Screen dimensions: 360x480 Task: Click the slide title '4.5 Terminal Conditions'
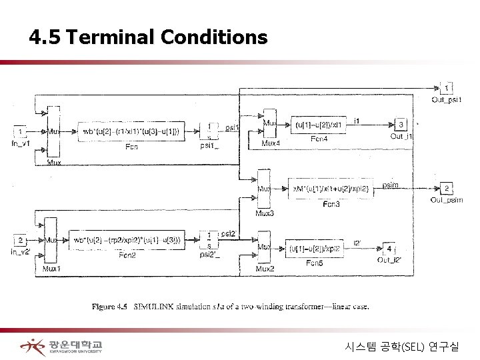(x=148, y=38)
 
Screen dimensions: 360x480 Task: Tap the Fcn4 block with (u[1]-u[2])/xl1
(x=319, y=124)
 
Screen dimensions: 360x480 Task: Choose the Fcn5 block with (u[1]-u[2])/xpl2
(x=319, y=248)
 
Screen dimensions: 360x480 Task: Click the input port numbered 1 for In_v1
(x=21, y=131)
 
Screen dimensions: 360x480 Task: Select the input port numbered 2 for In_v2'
(x=21, y=241)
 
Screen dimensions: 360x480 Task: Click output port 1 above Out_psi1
(x=448, y=87)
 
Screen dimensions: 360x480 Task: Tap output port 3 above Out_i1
(x=401, y=124)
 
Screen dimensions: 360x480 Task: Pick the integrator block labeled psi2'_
(x=209, y=239)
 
